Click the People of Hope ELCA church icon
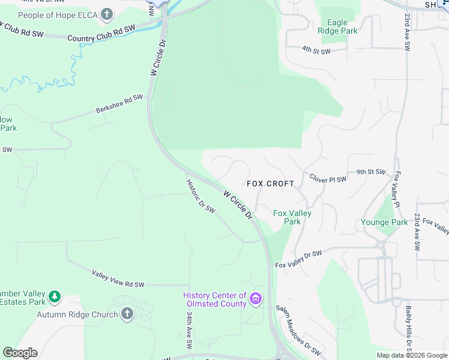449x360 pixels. tap(107, 14)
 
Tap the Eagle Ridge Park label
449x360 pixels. tap(337, 27)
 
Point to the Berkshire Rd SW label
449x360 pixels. tap(120, 103)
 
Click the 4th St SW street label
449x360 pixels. tap(316, 51)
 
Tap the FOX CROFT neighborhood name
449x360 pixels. tap(271, 184)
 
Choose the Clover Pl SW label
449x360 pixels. tap(328, 179)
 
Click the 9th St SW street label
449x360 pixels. tap(370, 172)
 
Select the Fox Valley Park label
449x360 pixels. tap(287, 217)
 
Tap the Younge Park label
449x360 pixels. tap(384, 222)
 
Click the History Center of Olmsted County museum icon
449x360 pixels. tap(256, 299)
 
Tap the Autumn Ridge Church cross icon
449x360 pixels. tap(127, 314)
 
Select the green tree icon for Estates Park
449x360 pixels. tap(55, 296)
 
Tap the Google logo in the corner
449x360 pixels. tap(20, 353)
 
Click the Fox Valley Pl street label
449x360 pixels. tap(397, 190)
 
